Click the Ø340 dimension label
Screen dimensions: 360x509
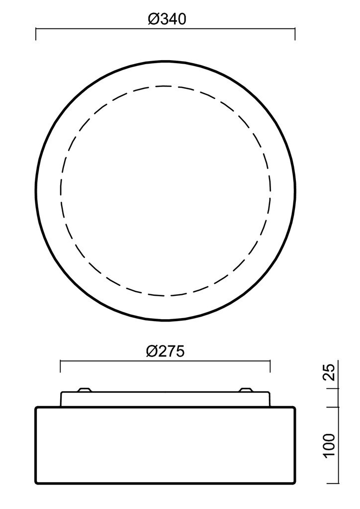pyautogui.click(x=167, y=19)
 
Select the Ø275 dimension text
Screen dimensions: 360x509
pyautogui.click(x=165, y=351)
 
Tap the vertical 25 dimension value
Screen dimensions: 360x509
pyautogui.click(x=329, y=372)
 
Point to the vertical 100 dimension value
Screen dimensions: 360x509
pyautogui.click(x=329, y=445)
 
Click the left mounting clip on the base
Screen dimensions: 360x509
pyautogui.click(x=85, y=390)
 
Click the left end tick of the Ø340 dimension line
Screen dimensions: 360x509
pyautogui.click(x=36, y=34)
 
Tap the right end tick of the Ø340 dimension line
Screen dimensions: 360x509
pyautogui.click(x=295, y=34)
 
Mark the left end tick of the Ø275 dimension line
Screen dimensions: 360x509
pyautogui.click(x=60, y=366)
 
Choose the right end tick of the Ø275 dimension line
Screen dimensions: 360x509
pyautogui.click(x=270, y=366)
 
